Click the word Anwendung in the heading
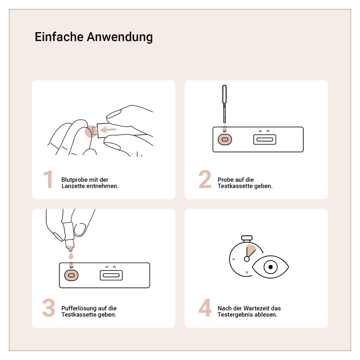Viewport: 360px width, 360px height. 120,37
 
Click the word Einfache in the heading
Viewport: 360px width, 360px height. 59,37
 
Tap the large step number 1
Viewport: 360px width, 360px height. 48,179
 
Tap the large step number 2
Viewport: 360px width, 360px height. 205,179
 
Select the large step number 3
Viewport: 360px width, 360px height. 49,308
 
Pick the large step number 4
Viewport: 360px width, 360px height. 205,308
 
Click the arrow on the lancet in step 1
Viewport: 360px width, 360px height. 108,130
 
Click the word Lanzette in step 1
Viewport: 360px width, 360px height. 73,186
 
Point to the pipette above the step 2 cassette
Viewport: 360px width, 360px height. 224,104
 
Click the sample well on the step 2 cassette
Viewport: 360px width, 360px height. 225,139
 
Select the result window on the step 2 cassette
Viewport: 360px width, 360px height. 265,139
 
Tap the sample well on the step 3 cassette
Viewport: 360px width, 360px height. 71,275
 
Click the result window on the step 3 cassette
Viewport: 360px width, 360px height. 111,275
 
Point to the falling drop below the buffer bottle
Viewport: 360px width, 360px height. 71,256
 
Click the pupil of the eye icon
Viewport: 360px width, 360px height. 270,267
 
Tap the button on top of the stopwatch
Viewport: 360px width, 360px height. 247,238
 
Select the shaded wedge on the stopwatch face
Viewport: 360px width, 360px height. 251,250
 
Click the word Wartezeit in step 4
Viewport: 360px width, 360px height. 256,308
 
